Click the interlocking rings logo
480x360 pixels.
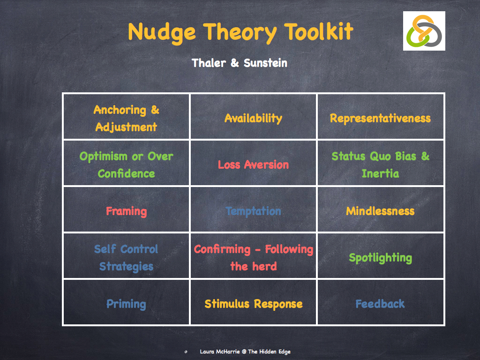point(424,31)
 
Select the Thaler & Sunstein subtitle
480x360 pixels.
point(240,62)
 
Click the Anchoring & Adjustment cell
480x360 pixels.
point(127,118)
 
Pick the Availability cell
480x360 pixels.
point(253,118)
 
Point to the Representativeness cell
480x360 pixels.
point(380,118)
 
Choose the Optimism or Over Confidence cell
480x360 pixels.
point(127,165)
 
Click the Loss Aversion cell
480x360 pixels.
point(253,165)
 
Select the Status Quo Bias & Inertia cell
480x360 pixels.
point(380,165)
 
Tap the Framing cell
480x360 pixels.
point(127,211)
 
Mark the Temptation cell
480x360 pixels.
point(253,211)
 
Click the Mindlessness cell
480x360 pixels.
point(380,211)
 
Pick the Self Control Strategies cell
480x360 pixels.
point(127,257)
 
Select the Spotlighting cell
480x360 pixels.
point(380,257)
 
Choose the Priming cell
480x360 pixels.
point(127,304)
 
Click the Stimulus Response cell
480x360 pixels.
point(253,304)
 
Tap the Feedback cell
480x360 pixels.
point(380,304)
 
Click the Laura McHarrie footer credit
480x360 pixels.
point(246,352)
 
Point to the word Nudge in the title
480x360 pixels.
point(161,32)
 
